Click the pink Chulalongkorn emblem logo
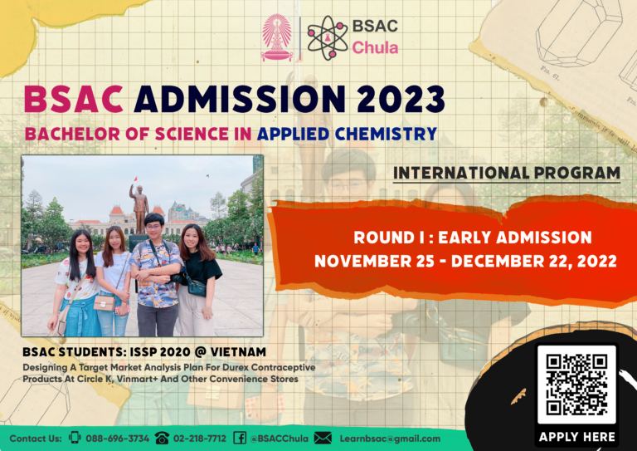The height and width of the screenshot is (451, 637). coord(277,37)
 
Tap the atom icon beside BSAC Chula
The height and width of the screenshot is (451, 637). coord(326,37)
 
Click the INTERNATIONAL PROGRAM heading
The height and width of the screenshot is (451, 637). coord(507,174)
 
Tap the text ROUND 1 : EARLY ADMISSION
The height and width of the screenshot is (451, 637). coord(472,238)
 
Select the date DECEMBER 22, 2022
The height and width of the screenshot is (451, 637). coord(544,261)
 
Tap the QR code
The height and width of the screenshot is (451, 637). coord(576,383)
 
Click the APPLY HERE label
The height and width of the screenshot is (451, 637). coord(576,436)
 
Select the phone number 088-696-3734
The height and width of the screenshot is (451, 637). coord(119,439)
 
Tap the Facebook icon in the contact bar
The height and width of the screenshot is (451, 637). coord(240,439)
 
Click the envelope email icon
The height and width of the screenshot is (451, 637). coord(323,439)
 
